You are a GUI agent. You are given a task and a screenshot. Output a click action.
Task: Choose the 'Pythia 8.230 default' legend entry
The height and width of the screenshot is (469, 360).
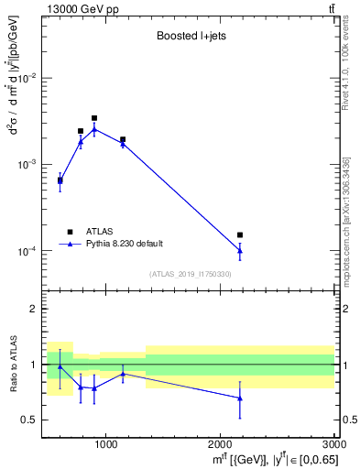click(124, 244)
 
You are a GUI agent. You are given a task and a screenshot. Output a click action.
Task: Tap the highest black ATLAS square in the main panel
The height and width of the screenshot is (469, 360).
click(94, 118)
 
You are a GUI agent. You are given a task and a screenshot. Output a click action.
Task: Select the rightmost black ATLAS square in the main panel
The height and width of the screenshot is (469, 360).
click(240, 235)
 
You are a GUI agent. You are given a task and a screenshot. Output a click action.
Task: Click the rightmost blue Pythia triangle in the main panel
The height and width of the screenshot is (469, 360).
click(240, 250)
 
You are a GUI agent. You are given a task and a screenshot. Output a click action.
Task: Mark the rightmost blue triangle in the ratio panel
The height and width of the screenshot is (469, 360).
click(240, 398)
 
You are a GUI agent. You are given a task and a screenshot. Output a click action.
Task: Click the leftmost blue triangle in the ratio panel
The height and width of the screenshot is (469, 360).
click(60, 366)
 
